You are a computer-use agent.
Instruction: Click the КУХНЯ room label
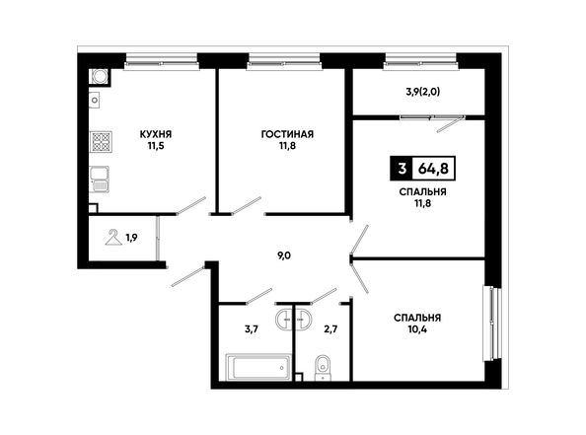156,134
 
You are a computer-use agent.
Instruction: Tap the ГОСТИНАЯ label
287,134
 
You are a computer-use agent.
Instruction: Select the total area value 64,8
433,169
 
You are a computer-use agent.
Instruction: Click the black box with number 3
402,169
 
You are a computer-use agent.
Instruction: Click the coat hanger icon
113,238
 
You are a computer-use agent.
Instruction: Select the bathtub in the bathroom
258,367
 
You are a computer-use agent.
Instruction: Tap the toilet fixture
323,368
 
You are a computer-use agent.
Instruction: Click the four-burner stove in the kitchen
101,142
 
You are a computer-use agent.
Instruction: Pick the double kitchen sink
99,180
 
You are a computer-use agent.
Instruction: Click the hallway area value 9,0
284,255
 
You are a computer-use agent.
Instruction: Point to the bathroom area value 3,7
252,329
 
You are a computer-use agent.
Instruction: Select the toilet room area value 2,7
331,329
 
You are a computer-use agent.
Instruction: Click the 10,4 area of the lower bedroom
417,329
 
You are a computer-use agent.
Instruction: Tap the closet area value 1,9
131,238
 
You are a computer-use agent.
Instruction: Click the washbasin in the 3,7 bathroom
284,320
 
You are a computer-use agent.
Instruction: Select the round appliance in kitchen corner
100,77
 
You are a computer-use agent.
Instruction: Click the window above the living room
284,62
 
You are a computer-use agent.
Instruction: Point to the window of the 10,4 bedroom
492,324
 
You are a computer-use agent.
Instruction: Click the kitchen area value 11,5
156,146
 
